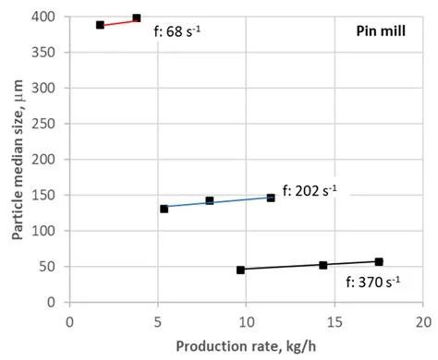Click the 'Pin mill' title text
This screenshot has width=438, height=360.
(x=382, y=31)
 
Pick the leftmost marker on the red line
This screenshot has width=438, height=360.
(x=101, y=25)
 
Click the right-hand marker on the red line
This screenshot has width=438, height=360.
(x=137, y=18)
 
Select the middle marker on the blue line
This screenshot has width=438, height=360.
(x=210, y=200)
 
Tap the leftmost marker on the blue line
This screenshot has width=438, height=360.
(x=164, y=209)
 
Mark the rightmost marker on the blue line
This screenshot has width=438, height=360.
(x=271, y=198)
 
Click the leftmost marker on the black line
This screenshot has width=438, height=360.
(x=240, y=270)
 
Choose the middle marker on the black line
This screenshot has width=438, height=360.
(x=322, y=265)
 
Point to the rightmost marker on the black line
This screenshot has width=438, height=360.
(x=379, y=262)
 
